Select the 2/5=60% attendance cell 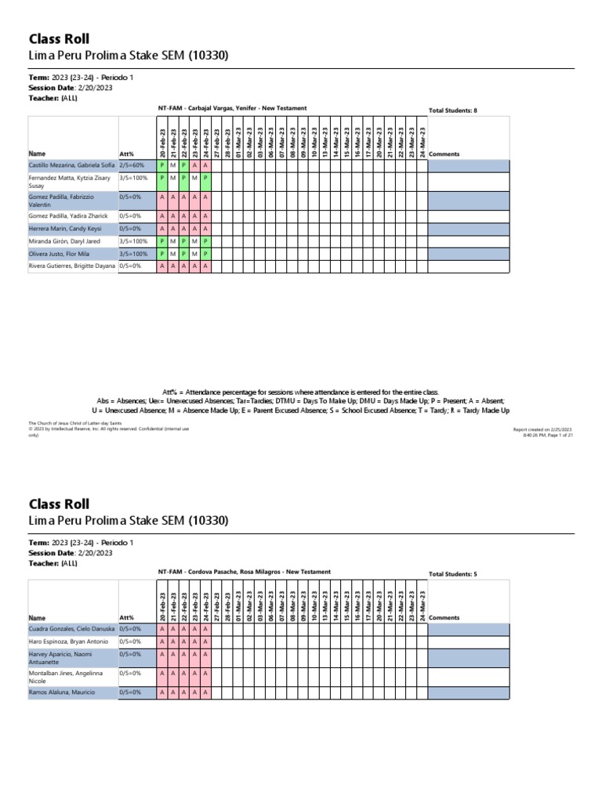(131, 165)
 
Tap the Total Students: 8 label (452, 110)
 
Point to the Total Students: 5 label (452, 574)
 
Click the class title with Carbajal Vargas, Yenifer (233, 108)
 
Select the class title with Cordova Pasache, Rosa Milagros (244, 572)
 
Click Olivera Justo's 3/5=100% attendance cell (133, 254)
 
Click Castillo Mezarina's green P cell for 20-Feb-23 (161, 165)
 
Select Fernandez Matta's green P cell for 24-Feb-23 (205, 178)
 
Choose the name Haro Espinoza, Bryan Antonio (68, 641)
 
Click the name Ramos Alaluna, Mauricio (62, 692)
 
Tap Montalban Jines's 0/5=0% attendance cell (129, 673)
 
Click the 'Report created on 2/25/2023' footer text (542, 429)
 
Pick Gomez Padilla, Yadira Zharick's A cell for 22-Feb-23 (183, 215)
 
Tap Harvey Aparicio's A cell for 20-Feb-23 (161, 654)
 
